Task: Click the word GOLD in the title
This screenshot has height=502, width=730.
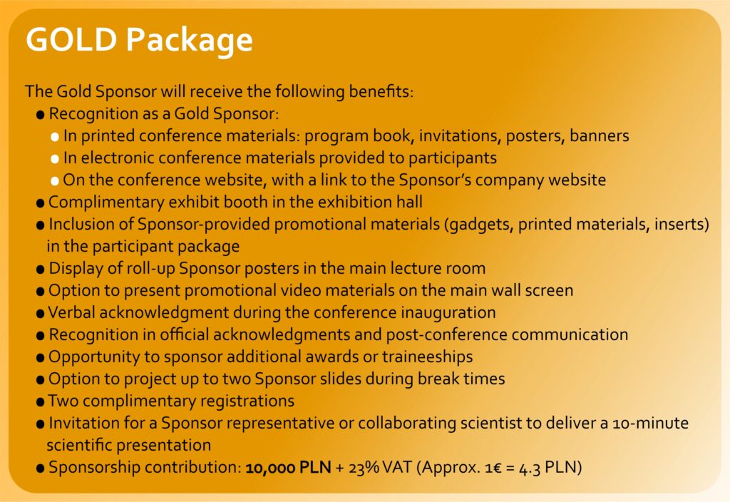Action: point(71,39)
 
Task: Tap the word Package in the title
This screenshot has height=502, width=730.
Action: point(190,41)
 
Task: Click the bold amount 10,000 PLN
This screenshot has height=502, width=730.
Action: point(288,467)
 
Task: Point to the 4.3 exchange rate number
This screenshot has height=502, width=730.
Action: point(530,468)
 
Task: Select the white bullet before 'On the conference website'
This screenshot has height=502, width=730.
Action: point(55,181)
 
